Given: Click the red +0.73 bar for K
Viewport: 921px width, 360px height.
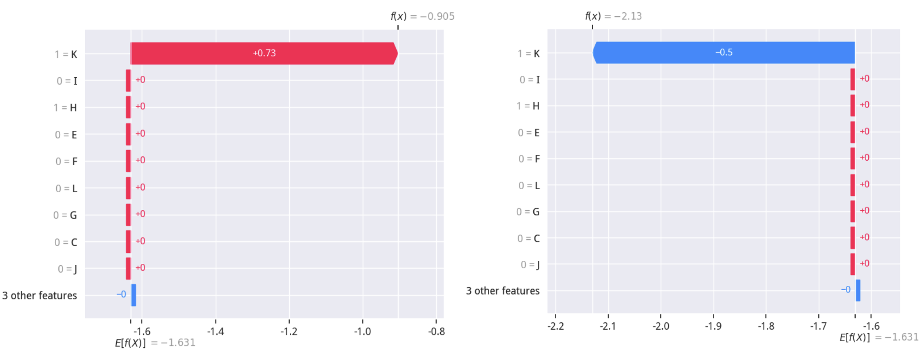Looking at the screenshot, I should click(263, 53).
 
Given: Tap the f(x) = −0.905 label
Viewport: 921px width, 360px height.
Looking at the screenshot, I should click(422, 16).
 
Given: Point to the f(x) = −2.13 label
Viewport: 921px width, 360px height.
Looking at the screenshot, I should click(613, 16).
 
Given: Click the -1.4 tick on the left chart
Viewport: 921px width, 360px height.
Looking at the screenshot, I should click(216, 331).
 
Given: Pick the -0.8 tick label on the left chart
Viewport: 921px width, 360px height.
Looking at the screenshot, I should click(436, 331).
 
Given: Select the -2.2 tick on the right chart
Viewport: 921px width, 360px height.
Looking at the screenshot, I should click(556, 326).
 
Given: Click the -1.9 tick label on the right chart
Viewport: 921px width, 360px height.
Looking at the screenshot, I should click(713, 326).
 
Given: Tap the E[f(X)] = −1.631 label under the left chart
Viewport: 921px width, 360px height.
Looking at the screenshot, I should click(155, 343).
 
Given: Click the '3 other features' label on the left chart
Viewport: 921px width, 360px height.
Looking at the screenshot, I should click(40, 295).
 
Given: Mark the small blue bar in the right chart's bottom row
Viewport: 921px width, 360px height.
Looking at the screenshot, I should click(858, 290).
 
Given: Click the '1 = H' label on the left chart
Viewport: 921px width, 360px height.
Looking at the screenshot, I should click(65, 108).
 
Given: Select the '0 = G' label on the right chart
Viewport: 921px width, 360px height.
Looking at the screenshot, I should click(528, 212).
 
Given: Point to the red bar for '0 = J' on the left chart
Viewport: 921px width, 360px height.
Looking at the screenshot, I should click(128, 268).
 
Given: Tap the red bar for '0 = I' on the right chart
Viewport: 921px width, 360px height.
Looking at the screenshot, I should click(853, 79).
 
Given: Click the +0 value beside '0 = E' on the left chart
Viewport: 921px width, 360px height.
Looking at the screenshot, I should click(140, 133).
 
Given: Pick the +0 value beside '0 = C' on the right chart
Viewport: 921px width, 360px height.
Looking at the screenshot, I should click(864, 237).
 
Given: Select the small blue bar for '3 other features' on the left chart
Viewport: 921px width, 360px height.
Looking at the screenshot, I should click(133, 295).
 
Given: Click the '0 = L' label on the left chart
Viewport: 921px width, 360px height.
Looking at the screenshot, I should click(66, 189).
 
